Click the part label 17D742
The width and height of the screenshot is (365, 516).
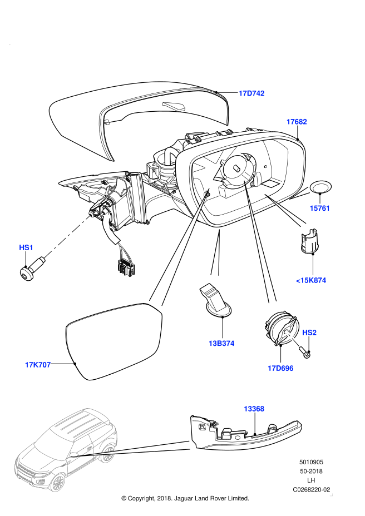[251, 93]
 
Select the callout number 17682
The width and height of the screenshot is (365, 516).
[297, 122]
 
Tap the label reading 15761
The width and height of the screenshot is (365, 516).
[320, 208]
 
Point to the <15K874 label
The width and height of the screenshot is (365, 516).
[311, 280]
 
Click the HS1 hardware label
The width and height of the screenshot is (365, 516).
[26, 247]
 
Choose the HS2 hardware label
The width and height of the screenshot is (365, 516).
[309, 333]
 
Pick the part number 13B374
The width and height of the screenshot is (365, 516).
[221, 343]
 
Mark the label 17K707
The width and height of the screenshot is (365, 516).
[38, 365]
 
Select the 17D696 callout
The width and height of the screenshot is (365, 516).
[280, 368]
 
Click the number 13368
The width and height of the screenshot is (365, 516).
[254, 409]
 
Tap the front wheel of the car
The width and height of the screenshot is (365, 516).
[57, 482]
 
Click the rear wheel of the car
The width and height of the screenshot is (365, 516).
[107, 453]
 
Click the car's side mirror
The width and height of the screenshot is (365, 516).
[73, 455]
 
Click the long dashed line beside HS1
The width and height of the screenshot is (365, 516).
[67, 236]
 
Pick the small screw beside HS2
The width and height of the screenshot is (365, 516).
[293, 339]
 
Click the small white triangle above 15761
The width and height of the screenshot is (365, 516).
[302, 193]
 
